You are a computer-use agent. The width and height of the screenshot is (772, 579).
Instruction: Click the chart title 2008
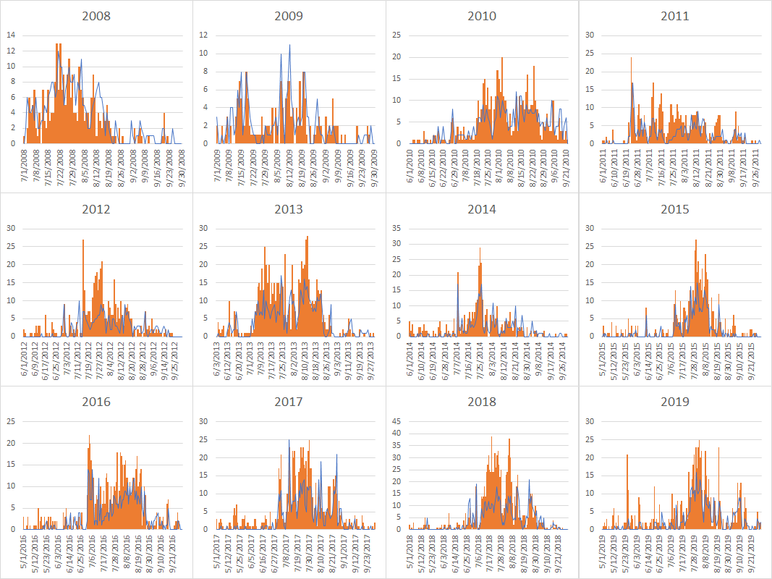pyautogui.click(x=96, y=16)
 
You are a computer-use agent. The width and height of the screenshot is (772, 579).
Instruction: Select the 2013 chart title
pyautogui.click(x=289, y=209)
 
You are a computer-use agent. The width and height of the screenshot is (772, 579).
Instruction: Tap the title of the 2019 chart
pyautogui.click(x=674, y=402)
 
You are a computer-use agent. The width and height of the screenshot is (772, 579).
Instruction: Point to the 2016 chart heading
pyautogui.click(x=96, y=402)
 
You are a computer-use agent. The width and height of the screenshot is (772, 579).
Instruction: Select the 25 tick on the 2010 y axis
pyautogui.click(x=396, y=35)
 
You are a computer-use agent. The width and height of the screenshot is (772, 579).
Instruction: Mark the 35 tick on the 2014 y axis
pyautogui.click(x=396, y=228)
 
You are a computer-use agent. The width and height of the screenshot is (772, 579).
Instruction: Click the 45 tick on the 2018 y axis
pyautogui.click(x=396, y=421)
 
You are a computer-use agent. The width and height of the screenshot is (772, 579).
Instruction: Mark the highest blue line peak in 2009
pyautogui.click(x=290, y=45)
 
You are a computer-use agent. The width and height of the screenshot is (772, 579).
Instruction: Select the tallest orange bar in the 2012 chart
pyautogui.click(x=83, y=240)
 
